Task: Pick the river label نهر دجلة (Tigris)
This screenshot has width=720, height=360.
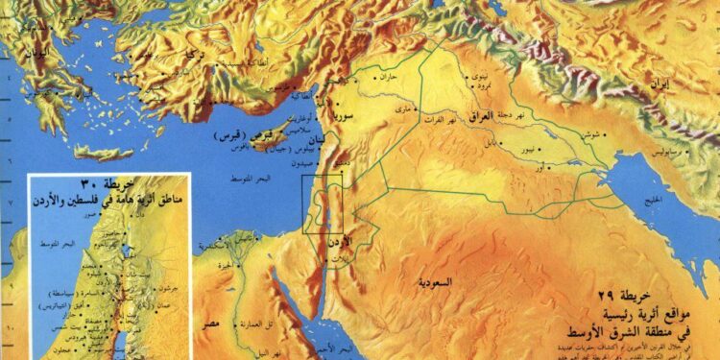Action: [509, 112]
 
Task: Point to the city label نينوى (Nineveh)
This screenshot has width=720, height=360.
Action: [475, 75]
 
